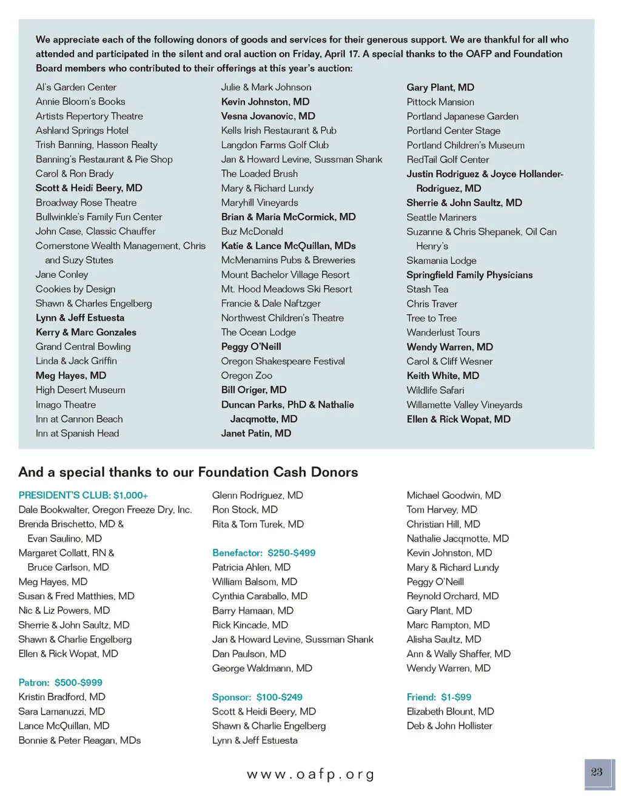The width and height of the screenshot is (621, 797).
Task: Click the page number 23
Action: (597, 772)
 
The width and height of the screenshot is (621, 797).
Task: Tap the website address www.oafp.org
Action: (310, 775)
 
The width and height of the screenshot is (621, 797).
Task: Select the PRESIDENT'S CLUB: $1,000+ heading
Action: (83, 495)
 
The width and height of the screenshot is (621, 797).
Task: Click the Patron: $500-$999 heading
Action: (61, 682)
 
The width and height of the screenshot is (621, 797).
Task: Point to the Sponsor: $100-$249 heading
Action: (257, 697)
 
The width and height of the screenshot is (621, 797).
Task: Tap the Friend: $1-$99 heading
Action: (439, 697)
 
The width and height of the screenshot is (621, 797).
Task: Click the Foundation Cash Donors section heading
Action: (188, 472)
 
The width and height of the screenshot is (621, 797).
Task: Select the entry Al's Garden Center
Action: (76, 87)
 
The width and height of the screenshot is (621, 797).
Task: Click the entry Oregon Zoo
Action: (247, 375)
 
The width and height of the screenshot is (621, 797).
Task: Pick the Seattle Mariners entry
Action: (441, 217)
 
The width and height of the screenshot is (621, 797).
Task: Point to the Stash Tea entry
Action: (428, 289)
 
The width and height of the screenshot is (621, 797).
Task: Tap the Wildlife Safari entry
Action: (435, 390)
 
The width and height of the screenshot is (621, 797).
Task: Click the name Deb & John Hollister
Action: (449, 725)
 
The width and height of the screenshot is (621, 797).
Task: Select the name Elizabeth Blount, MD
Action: (451, 711)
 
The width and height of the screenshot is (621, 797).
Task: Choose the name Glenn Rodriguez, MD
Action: (258, 495)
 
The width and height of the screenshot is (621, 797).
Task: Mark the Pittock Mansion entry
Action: (440, 102)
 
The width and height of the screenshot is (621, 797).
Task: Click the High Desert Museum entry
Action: (81, 390)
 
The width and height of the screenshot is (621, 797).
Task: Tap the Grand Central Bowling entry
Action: (83, 346)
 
